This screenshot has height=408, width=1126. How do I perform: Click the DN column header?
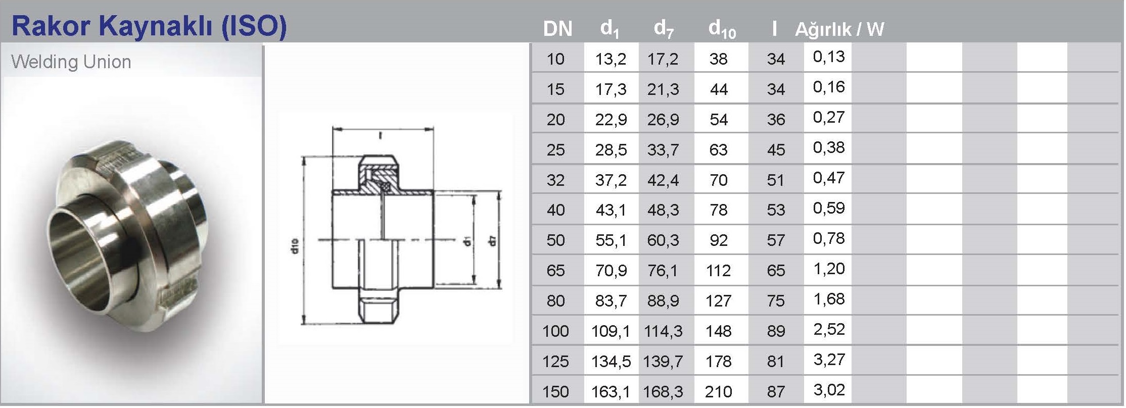(x=557, y=29)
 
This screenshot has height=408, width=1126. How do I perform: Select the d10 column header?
(x=722, y=29)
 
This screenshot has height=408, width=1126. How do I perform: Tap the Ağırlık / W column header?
(x=839, y=29)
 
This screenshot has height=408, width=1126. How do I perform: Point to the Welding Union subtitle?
(x=71, y=62)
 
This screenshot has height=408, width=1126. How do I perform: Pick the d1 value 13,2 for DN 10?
(x=611, y=59)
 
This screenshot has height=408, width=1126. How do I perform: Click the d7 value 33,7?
(x=663, y=150)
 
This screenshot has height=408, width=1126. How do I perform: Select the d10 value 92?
(x=718, y=240)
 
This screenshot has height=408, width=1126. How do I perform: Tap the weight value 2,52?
(x=829, y=329)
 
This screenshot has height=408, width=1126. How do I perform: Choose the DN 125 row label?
(x=555, y=362)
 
